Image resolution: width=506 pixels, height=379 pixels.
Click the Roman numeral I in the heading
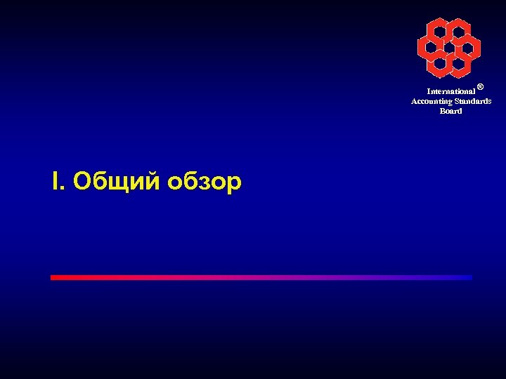point(56,182)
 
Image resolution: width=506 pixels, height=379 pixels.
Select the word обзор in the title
point(205,182)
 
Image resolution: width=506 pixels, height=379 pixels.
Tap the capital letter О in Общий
point(82,182)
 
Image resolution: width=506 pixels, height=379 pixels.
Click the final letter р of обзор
point(234,184)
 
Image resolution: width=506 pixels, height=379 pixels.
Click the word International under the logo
point(450,92)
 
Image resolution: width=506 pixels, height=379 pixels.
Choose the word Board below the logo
point(450,111)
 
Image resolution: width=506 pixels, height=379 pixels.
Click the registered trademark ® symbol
point(480,87)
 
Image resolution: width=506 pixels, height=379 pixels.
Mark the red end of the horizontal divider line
point(53,277)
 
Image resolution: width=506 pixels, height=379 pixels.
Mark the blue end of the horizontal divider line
point(469,277)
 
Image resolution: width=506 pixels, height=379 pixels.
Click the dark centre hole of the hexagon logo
point(449,47)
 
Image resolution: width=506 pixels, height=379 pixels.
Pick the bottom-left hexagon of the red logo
point(440,64)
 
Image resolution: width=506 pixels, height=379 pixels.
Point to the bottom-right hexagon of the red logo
point(459,64)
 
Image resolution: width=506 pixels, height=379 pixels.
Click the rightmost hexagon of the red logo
point(469,47)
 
